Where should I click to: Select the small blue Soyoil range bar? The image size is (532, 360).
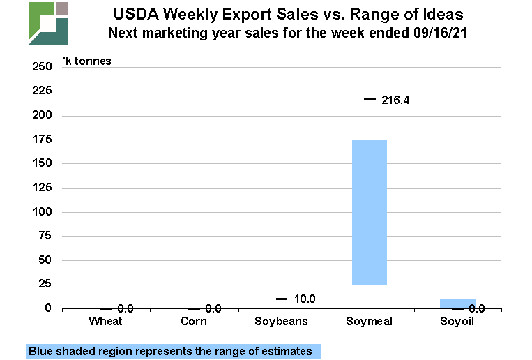pos(457,303)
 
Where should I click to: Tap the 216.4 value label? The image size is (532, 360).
pos(395,100)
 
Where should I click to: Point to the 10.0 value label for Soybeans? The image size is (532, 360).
pos(304,299)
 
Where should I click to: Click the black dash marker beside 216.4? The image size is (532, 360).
pos(370,100)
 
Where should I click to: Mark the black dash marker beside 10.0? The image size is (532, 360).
pos(282,299)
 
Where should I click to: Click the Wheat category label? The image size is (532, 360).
pos(106,321)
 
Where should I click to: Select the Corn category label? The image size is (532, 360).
pos(193,321)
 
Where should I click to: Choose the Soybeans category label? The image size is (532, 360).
pos(281,321)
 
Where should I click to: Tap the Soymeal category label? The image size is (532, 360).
pos(369,321)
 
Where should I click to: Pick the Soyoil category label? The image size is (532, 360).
pos(457,321)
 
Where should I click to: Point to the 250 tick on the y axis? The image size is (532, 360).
pos(42,67)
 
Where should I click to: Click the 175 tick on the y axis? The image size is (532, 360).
pos(42,140)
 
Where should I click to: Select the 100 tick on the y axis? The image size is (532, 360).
pos(42,212)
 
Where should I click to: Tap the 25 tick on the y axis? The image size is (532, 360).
pos(45,285)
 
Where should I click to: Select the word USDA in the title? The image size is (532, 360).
pos(135,14)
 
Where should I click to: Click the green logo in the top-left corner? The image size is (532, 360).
pos(48,23)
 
